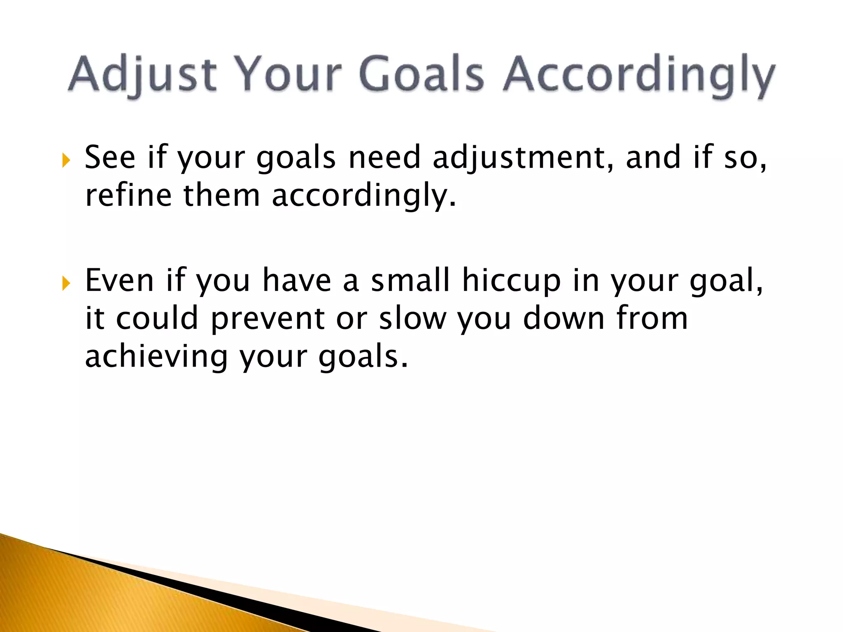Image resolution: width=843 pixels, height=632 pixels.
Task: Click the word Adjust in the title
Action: tap(142, 74)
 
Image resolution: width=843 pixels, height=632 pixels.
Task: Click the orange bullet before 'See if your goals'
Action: tap(66, 160)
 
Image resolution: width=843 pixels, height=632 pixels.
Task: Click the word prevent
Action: tap(268, 319)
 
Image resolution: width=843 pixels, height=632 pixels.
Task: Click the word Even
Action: tap(120, 280)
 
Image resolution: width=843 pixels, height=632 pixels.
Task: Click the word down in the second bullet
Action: tap(564, 318)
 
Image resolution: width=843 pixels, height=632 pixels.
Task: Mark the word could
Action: tap(157, 318)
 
